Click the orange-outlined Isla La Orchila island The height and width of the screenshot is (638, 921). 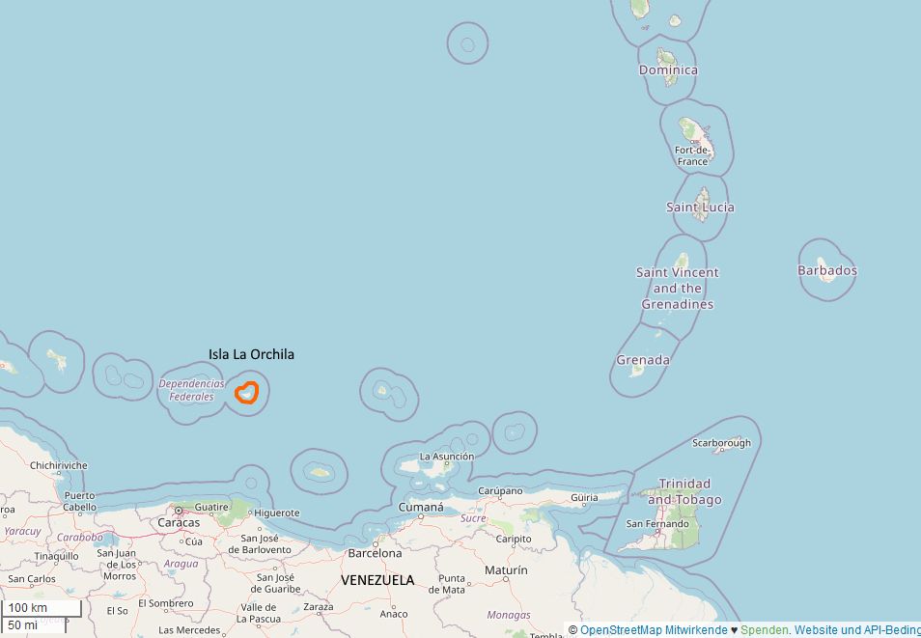pos(247,393)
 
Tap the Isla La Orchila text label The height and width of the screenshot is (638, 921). pos(251,354)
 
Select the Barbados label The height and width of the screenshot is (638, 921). pos(827,270)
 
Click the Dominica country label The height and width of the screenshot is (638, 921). pos(668,69)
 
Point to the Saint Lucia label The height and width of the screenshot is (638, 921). pos(700,207)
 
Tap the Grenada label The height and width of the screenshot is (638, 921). pos(643,360)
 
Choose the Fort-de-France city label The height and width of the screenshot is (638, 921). pos(692,155)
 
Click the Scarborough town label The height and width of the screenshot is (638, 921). pos(721,443)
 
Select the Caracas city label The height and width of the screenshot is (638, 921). pos(179,522)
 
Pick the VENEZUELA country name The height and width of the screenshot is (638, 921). pos(377,580)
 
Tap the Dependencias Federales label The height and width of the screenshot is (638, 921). pos(191,390)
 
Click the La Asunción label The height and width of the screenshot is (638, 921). pos(446,457)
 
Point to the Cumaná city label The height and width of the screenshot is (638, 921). pos(421,508)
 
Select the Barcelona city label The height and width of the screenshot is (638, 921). pos(375,553)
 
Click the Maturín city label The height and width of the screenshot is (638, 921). pos(506,570)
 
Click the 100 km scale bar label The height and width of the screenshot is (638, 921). pos(28,608)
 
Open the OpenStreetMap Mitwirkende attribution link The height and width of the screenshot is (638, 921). pos(654,630)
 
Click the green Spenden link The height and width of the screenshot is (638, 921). pos(764,630)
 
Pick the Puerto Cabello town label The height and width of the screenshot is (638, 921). pos(80,500)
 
